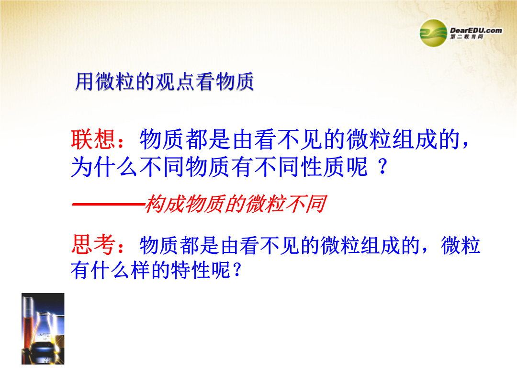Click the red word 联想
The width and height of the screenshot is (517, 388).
93,139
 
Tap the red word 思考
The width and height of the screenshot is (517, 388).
93,245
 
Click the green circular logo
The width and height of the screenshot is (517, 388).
433,33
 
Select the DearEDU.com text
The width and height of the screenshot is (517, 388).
476,30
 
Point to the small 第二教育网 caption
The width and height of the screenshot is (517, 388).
467,36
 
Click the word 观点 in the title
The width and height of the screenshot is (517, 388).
175,81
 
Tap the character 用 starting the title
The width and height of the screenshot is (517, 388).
85,81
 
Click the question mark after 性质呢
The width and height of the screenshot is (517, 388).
382,167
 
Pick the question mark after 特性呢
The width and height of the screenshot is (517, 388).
237,270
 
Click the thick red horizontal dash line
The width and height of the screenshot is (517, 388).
108,205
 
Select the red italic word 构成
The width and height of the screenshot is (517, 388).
165,204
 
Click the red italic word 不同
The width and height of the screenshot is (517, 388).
306,204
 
